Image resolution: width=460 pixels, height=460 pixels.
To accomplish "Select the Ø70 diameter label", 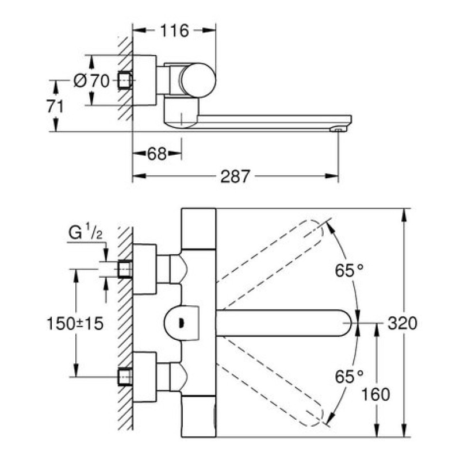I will pos(92,81).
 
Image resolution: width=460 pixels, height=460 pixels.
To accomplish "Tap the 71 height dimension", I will pos(56,106).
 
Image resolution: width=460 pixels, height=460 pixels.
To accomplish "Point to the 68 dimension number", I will pos(156,154).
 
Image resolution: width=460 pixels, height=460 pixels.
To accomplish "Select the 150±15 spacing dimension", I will pos(75,323).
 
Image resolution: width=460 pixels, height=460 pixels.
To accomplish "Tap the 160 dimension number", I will pos(377,394).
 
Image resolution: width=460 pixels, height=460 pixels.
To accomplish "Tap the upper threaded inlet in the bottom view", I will pos(125,269).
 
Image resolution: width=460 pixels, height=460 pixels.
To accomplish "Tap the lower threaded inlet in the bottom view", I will pos(125,377).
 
